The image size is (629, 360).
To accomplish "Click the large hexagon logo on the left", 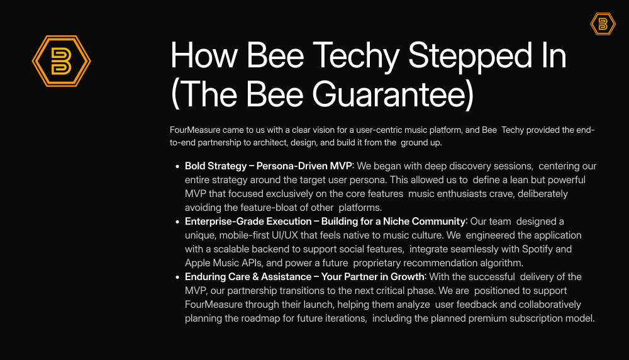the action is click(x=62, y=61).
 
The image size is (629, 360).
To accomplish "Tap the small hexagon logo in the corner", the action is click(x=603, y=24).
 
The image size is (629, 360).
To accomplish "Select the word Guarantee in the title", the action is click(x=389, y=94).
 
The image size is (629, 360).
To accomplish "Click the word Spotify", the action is click(x=537, y=249).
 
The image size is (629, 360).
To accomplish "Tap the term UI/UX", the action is click(x=284, y=235).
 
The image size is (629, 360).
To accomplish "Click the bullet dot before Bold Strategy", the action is click(x=177, y=166).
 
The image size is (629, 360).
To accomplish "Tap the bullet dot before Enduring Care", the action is click(x=177, y=277).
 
